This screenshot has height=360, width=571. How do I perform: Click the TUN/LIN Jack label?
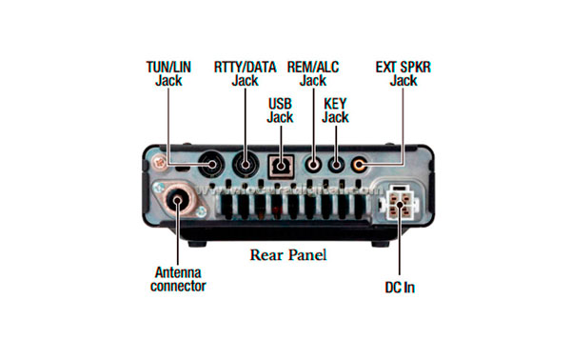(168, 74)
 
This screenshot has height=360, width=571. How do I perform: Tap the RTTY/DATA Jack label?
(245, 74)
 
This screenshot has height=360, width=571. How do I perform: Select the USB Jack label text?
(280, 110)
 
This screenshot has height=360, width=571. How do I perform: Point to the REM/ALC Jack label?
(313, 74)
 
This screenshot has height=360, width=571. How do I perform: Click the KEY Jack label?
(335, 110)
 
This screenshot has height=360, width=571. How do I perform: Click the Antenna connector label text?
(179, 279)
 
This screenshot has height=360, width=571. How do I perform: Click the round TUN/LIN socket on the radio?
(211, 164)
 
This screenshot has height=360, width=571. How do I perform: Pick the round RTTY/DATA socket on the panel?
(246, 163)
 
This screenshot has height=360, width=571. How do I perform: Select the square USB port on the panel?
(280, 164)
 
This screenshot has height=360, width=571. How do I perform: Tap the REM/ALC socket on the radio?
(313, 164)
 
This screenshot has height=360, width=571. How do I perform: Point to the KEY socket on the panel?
(335, 164)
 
